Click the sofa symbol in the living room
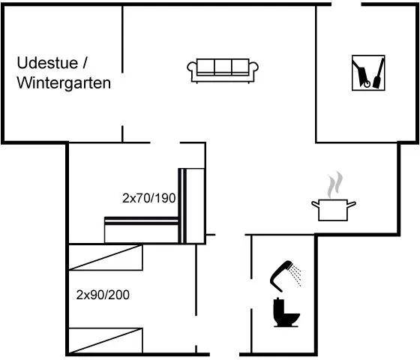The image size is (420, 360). pos(223,70)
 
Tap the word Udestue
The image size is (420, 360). pos(47,63)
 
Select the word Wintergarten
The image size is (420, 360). pos(64,83)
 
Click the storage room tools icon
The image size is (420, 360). pos(368,73)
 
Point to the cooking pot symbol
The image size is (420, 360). pos(333,210)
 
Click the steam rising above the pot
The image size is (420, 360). pos(334,184)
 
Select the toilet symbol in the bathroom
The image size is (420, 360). pos(286,312)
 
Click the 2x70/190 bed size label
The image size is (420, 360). pos(149,198)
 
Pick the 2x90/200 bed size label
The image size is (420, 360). pos(103,295)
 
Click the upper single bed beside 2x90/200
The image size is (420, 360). pos(106,257)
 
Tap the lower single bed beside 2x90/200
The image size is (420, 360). pos(106,340)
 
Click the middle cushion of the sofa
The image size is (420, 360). pos(223,66)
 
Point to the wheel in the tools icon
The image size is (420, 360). pos(367,84)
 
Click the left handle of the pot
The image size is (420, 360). pos(315,204)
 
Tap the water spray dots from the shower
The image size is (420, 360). pos(296,275)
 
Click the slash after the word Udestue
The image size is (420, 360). pos(85,63)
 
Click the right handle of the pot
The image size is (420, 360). pos(352,204)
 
